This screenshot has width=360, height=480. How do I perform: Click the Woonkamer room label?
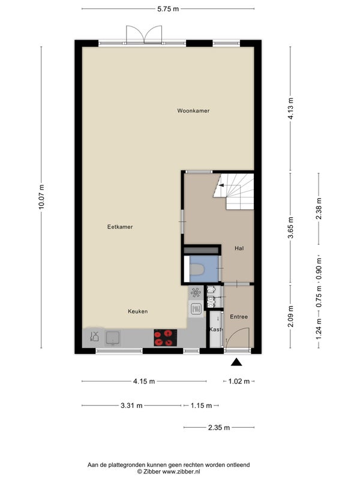(193, 111)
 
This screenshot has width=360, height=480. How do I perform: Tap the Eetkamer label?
(120, 227)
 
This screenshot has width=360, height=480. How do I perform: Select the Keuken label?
(138, 311)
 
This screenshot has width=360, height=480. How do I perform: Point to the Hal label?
(239, 248)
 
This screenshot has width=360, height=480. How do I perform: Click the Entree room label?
(239, 317)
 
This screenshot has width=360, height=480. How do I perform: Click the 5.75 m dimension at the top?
(168, 9)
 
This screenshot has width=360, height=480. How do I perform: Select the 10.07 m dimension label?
(41, 197)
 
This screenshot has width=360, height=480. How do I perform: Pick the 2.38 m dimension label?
(319, 208)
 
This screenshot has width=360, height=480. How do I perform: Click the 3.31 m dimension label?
(131, 406)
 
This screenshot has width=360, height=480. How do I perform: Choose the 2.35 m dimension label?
(219, 427)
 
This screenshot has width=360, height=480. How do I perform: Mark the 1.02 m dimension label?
(239, 382)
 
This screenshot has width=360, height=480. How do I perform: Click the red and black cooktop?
(166, 338)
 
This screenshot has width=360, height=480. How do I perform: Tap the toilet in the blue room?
(197, 269)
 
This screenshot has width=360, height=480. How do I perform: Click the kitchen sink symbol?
(113, 338)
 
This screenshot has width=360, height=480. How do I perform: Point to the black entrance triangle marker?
(236, 362)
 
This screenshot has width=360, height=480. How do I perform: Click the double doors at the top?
(144, 34)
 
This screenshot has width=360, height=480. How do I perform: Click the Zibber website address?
(181, 472)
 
